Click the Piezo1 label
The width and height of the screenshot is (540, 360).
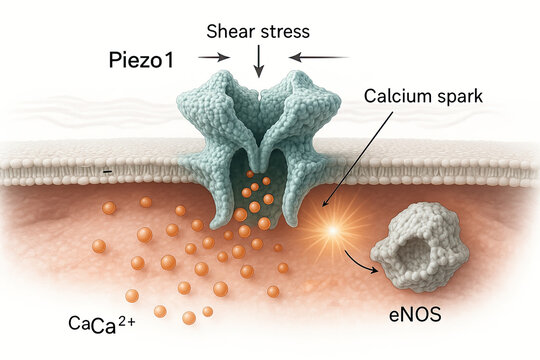coord(140,59)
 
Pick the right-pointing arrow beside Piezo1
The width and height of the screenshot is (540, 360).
coord(213,57)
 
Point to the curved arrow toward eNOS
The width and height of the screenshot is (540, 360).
coord(361,263)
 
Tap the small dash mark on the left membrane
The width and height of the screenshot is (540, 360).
coord(106,173)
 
